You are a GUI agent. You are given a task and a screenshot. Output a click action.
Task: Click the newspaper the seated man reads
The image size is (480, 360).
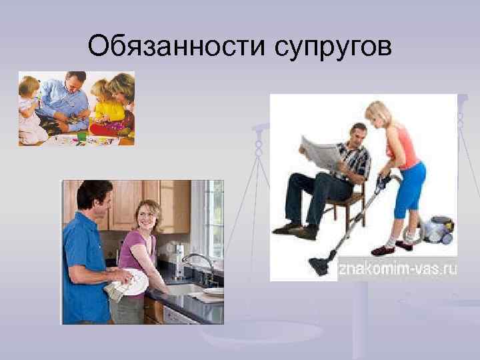322,151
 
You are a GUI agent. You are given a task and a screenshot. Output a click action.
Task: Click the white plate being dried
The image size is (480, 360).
137,280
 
